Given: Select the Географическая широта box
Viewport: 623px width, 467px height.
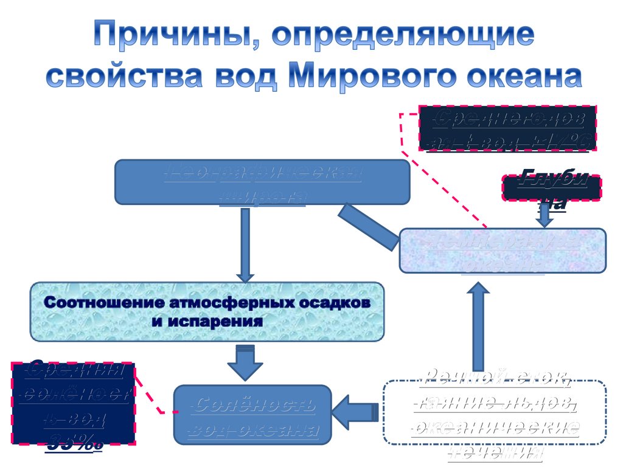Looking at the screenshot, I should click(x=262, y=182).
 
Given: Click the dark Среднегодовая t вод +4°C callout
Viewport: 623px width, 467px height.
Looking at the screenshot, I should click(x=507, y=129).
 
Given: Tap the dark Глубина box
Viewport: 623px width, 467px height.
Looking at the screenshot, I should click(x=551, y=188).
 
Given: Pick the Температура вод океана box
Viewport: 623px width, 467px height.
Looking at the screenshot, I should click(x=503, y=251).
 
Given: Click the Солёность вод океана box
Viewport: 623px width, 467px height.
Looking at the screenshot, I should click(x=252, y=414).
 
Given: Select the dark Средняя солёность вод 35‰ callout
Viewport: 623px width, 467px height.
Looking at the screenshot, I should click(x=73, y=402).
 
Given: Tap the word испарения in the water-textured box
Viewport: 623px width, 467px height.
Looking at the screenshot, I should click(x=207, y=320).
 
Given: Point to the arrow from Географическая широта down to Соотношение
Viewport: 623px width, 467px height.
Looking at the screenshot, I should click(x=245, y=243).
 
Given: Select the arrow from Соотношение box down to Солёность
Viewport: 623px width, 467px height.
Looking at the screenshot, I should click(x=245, y=362).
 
